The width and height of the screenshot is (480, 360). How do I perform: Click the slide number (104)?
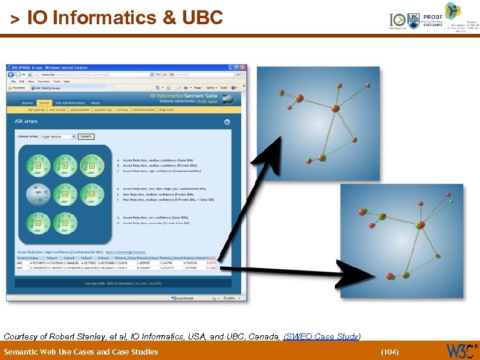pyautogui.click(x=390, y=352)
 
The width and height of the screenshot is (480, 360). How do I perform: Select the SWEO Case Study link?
pyautogui.click(x=322, y=336)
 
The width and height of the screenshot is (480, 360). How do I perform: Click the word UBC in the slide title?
pyautogui.click(x=201, y=18)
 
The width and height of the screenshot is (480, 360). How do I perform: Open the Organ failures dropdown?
pyautogui.click(x=59, y=137)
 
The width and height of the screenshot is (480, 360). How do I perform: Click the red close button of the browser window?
pyautogui.click(x=242, y=67)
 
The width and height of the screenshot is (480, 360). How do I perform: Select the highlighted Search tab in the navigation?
pyautogui.click(x=44, y=103)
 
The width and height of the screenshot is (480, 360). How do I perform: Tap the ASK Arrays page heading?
pyautogui.click(x=26, y=122)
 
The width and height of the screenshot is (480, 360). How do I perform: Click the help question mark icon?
pyautogui.click(x=227, y=122)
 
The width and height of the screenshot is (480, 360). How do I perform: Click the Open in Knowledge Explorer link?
pyautogui.click(x=126, y=252)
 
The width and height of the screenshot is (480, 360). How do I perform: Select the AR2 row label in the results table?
pyautogui.click(x=19, y=263)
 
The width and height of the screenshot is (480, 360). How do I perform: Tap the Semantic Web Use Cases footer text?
pyautogui.click(x=80, y=352)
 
